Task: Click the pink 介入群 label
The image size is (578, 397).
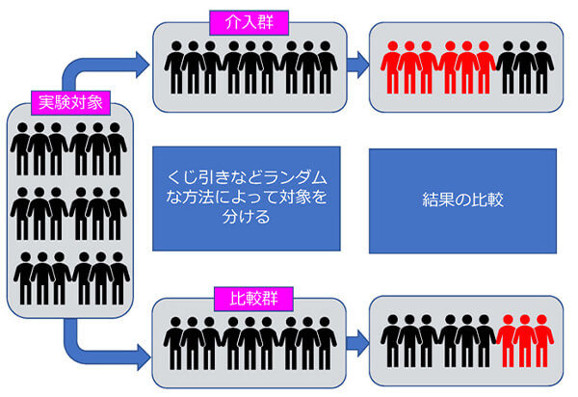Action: coord(245,18)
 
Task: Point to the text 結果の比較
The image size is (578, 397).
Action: coord(462,201)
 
